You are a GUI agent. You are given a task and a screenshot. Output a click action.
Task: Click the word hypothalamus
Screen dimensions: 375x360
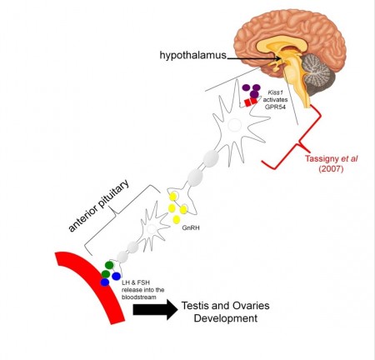click(193, 55)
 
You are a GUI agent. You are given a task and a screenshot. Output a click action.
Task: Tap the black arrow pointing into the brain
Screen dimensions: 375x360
click(253, 58)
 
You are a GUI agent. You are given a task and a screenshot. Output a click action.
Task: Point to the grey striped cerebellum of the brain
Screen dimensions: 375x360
click(316, 69)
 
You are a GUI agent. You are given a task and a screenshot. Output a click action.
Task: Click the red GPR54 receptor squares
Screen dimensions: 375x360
click(251, 102)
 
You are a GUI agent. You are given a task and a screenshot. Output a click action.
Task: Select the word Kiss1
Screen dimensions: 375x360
click(275, 92)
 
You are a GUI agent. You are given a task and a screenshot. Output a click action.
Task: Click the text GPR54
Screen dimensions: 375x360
click(275, 107)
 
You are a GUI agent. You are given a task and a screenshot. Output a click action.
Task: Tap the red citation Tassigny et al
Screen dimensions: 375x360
click(331, 158)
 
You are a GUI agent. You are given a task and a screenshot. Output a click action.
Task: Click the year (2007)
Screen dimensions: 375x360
click(331, 168)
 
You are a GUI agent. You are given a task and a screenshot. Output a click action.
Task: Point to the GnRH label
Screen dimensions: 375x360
click(191, 228)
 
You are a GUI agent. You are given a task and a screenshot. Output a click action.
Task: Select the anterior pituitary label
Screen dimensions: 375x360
click(98, 206)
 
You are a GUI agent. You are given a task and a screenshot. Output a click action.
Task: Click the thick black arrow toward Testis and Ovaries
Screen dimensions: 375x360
click(155, 309)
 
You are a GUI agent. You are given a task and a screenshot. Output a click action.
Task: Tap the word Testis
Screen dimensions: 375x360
click(194, 306)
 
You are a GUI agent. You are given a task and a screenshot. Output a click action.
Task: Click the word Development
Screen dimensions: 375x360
click(226, 318)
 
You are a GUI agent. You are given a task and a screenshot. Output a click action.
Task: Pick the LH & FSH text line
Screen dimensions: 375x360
click(136, 282)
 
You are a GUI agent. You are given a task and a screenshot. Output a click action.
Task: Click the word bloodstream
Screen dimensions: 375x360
click(139, 297)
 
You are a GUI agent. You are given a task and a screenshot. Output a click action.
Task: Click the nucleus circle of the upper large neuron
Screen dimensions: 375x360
click(235, 125)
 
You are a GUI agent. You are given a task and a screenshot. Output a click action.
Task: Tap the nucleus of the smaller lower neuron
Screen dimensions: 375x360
click(152, 229)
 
